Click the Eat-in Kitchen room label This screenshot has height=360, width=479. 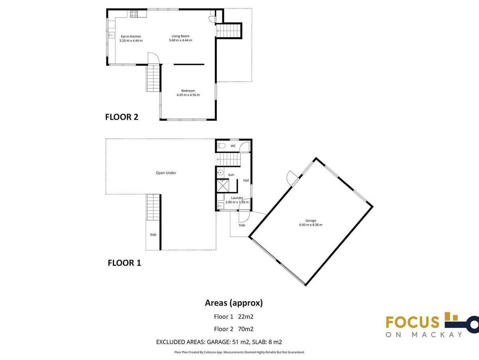131,36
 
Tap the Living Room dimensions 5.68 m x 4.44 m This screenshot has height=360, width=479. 180,40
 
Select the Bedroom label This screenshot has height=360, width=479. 188,91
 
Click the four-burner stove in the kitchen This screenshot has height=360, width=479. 134,14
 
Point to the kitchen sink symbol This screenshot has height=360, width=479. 111,35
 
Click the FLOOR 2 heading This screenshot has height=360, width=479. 122,117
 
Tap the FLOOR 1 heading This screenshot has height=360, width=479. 125,263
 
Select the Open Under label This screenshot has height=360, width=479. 166,173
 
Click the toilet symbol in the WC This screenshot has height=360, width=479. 221,146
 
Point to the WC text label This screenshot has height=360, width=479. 233,146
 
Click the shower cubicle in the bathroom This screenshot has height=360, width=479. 223,186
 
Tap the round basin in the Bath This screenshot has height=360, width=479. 220,173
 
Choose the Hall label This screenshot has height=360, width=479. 246,180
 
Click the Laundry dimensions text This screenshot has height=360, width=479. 237,202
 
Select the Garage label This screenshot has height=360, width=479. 311,220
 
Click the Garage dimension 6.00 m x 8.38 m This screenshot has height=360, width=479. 311,225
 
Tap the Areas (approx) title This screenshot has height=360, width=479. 234,303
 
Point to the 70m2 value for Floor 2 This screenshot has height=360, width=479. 246,329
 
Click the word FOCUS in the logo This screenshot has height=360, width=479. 412,322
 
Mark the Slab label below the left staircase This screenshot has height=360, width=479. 153,234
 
